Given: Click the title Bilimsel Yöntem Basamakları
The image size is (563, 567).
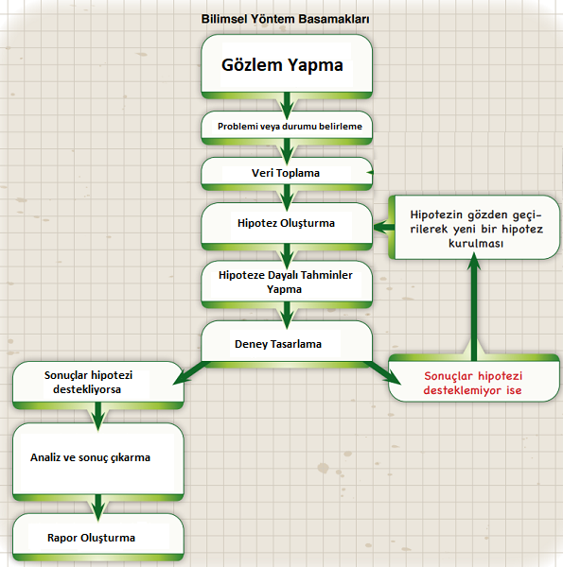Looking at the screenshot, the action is coord(286,19).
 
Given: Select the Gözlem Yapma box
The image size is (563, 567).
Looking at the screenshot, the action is coord(287,66).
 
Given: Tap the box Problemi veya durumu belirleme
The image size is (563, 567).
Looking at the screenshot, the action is coord(287,128).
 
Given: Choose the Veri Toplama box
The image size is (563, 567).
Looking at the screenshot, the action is coord(287,174).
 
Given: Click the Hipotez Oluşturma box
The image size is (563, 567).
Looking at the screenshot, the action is coord(287,226).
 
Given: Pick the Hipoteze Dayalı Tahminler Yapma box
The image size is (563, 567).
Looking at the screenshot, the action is coord(287,284).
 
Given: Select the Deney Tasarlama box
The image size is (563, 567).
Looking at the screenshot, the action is coord(287,344).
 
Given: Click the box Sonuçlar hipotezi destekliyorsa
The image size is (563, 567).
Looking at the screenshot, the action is coord(98,386).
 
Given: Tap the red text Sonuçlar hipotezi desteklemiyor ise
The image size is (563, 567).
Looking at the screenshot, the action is coord(473,383).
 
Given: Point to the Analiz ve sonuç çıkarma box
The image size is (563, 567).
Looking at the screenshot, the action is coord(98,462).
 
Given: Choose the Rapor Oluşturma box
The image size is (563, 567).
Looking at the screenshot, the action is coord(98,537).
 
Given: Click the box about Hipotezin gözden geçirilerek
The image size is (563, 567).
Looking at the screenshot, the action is coord(474,227).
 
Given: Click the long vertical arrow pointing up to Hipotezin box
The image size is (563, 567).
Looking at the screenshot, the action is coord(474,306).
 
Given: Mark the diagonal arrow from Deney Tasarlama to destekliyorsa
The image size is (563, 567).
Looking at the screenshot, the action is coord(191,372).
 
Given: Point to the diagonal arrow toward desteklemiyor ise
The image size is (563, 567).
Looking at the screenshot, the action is coord(382,372).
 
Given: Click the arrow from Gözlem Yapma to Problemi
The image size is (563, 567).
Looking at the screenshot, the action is coord(287,106).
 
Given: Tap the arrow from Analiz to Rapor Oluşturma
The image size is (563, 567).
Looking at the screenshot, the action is coord(98,507).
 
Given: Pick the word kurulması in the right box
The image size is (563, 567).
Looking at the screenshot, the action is coord(476,244).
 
